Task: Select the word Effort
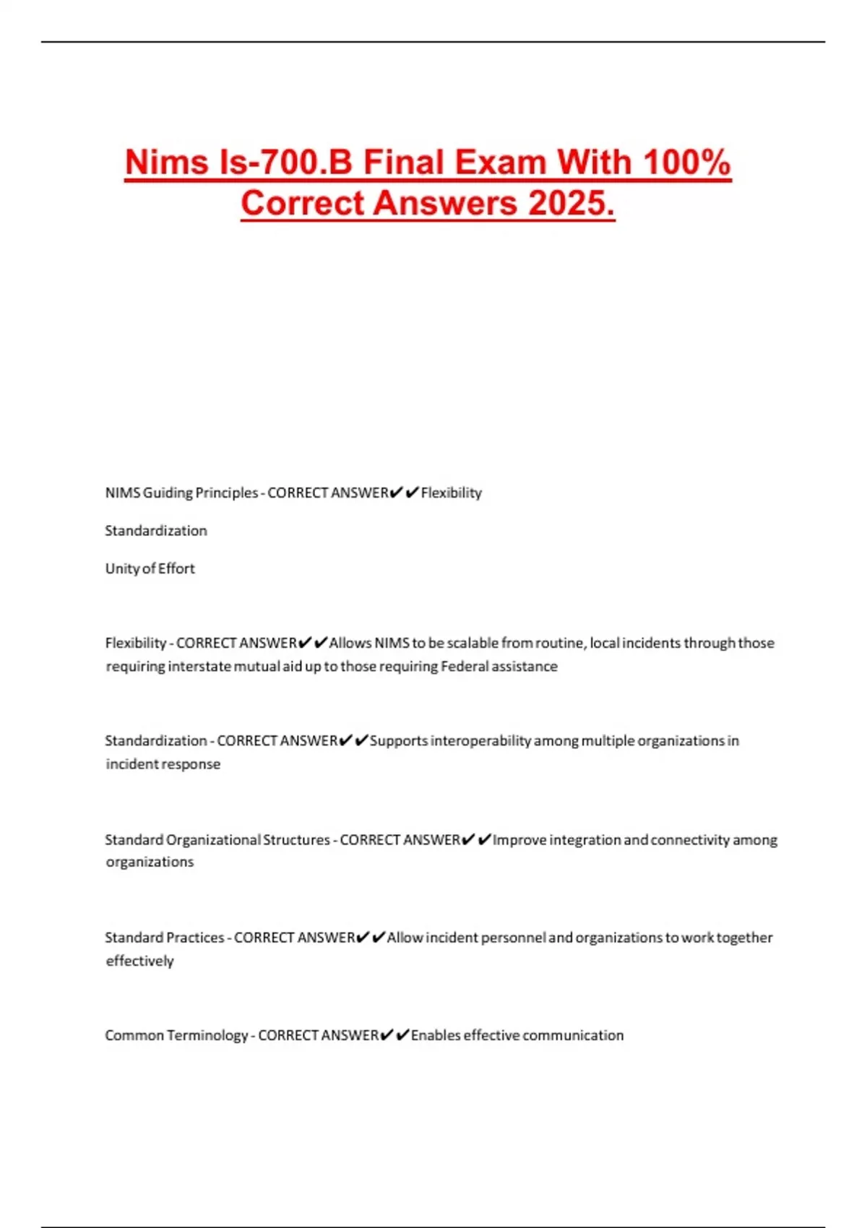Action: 176,568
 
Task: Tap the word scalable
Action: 473,643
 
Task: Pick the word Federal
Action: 465,667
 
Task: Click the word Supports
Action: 399,741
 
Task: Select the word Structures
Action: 296,840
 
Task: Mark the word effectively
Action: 139,961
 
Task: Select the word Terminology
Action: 207,1036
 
